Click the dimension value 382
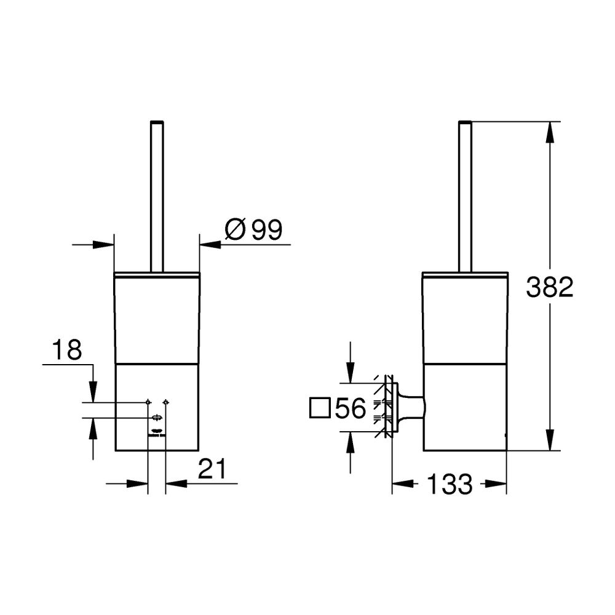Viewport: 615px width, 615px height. tap(549, 287)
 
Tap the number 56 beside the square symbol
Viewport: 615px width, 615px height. tap(351, 408)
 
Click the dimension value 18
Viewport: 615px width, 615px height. tap(67, 349)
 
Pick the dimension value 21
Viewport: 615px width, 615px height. tap(212, 468)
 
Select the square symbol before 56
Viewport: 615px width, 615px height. tap(320, 408)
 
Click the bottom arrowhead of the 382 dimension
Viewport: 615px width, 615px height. tap(550, 440)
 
